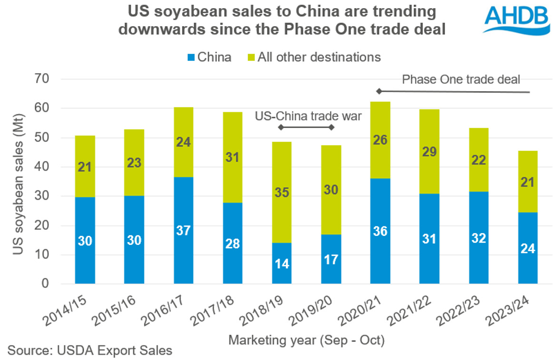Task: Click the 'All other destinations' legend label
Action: (x=319, y=58)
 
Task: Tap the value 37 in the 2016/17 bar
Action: (x=184, y=230)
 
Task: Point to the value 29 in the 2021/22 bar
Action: (x=429, y=152)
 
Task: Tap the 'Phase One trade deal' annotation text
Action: (x=461, y=79)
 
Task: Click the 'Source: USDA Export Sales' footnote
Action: (x=90, y=351)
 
